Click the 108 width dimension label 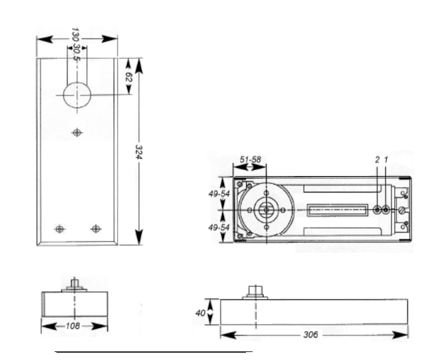tap(74, 326)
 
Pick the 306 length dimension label tap(310, 334)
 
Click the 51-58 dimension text tap(250, 160)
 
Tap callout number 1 tap(386, 160)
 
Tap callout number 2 tap(377, 160)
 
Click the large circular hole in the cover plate tap(77, 96)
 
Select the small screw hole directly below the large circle tap(78, 133)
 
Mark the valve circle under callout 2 tap(378, 210)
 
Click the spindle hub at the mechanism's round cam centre tap(266, 209)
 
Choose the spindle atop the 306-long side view tap(254, 292)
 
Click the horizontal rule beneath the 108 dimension tap(153, 350)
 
